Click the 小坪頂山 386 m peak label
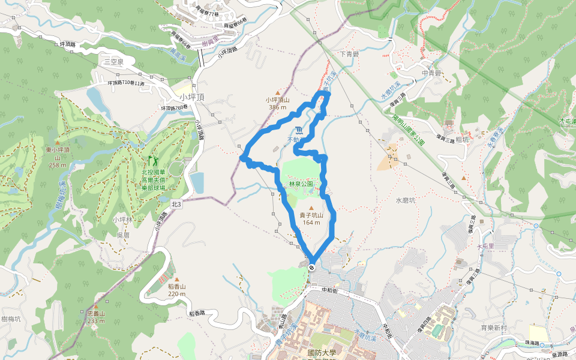point(278,104)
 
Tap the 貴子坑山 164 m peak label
point(311,219)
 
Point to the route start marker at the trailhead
point(312,267)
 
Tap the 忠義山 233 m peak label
point(96,317)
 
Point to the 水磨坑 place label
point(406,200)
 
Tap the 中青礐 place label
point(431,73)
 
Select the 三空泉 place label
point(113,61)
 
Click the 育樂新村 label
point(494,328)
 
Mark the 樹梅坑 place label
point(11,319)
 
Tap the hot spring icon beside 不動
point(299,131)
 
